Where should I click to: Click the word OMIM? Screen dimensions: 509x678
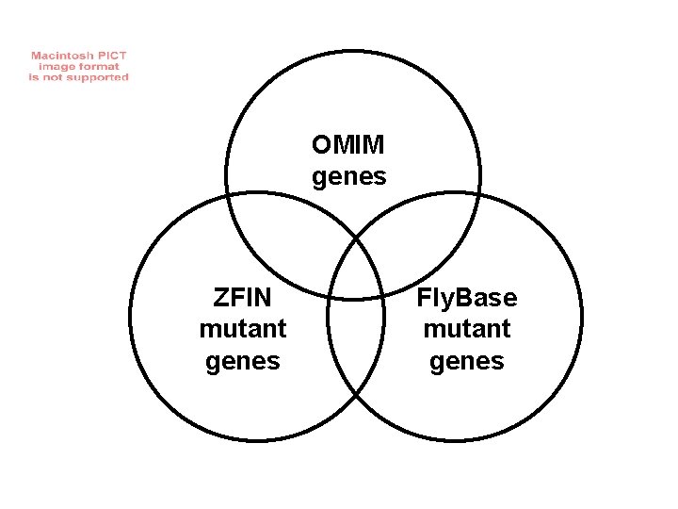click(348, 146)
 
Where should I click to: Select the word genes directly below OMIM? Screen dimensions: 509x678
click(348, 176)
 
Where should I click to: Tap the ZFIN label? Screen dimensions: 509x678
click(243, 299)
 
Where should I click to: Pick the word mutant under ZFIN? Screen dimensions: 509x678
click(243, 330)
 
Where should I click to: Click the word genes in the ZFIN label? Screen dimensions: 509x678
click(243, 361)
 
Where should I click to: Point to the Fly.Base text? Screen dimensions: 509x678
click(467, 299)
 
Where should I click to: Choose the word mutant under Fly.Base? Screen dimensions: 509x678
click(467, 330)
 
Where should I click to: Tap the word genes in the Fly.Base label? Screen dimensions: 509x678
click(467, 361)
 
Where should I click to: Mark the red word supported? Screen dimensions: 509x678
click(99, 77)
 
